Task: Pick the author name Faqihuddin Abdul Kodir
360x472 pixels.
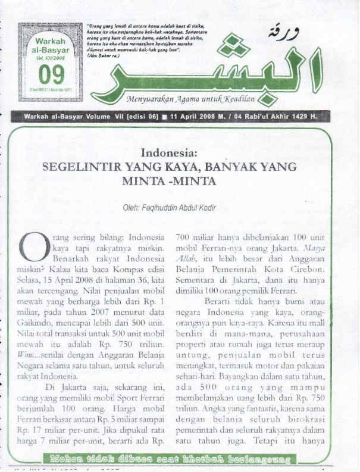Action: coord(170,208)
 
